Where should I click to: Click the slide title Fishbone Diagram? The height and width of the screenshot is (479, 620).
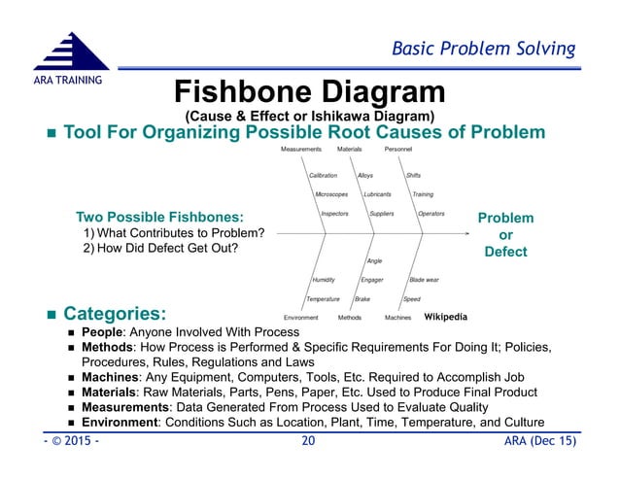[309, 93]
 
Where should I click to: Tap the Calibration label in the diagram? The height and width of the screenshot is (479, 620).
[324, 175]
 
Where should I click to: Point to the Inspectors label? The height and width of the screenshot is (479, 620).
[334, 213]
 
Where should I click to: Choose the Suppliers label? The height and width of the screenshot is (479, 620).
[382, 213]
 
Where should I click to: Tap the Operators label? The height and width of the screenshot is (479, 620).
[431, 213]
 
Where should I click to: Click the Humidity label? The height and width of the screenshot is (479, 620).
[323, 280]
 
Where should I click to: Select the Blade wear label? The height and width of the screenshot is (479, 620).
[424, 280]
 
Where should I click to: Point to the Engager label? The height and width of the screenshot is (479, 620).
[372, 280]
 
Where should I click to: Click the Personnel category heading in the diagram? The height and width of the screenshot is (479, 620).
[398, 150]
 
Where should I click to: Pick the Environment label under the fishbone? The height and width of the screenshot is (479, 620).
[301, 318]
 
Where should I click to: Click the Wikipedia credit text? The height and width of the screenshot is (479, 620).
[446, 317]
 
